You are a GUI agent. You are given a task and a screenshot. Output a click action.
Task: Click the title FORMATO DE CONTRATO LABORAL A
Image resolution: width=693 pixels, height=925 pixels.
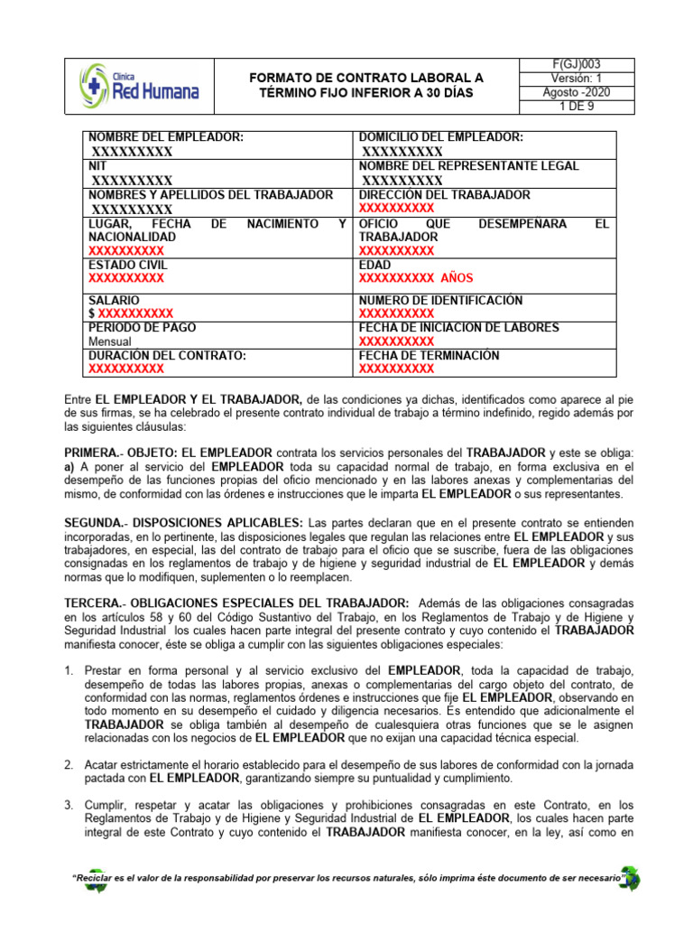[366, 79]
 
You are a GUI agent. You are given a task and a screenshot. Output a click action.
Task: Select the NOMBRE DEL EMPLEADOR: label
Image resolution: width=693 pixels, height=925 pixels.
[165, 137]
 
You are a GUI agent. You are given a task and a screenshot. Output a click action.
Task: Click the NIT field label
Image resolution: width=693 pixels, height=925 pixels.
[97, 166]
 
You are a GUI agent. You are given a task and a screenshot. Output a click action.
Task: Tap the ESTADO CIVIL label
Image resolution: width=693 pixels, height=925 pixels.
[127, 265]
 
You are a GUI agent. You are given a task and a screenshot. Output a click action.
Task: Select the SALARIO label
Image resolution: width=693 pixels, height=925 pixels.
[114, 300]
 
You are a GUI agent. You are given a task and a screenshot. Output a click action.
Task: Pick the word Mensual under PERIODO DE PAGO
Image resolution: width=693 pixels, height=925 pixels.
[110, 341]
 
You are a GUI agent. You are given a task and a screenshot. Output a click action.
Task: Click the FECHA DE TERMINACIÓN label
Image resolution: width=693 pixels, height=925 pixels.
[429, 355]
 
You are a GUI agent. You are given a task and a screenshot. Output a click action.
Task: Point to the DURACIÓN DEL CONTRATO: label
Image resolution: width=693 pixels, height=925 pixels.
[167, 355]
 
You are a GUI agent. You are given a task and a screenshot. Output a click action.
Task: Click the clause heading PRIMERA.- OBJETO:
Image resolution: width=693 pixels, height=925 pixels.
[122, 452]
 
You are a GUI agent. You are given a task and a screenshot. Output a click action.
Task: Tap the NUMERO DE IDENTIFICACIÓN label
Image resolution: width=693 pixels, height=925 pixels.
[439, 300]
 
